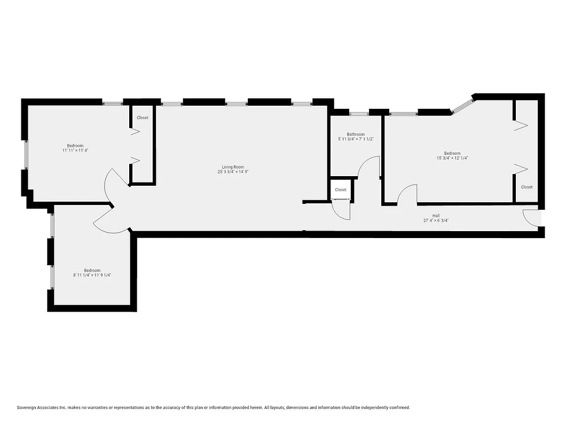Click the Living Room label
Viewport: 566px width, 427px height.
tap(233, 167)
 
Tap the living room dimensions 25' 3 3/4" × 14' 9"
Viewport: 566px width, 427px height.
tap(233, 172)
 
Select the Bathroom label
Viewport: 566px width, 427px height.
tap(356, 135)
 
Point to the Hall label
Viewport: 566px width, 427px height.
tap(436, 216)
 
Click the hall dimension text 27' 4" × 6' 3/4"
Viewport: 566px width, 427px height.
tap(439, 220)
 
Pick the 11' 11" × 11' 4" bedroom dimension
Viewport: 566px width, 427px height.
tap(75, 151)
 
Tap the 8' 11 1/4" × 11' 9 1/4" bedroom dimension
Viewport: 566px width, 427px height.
tap(92, 275)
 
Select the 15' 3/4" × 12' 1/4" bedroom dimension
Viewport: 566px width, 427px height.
tap(452, 158)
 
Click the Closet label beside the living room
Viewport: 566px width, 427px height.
tap(143, 117)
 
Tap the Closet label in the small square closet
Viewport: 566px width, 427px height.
tap(341, 189)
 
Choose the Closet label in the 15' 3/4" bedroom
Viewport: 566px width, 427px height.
tap(526, 187)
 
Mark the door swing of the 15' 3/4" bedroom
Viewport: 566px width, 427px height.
tap(407, 193)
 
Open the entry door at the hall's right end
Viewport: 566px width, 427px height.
tap(532, 217)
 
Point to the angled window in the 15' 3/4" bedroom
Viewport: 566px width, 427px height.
tap(462, 105)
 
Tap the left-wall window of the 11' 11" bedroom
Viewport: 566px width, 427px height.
tap(25, 156)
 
